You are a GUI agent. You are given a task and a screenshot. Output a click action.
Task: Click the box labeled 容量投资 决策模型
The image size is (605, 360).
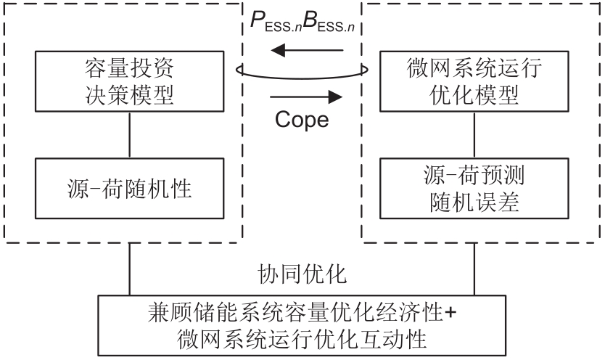(129, 82)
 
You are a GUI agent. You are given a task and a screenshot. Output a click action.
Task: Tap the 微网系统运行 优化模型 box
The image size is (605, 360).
(475, 82)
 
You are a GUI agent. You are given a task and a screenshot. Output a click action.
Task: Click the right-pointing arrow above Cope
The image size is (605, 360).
(305, 96)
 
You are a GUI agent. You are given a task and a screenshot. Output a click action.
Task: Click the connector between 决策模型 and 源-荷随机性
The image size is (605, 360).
(129, 134)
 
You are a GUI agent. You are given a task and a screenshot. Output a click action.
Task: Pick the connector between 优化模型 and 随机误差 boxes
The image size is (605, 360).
(475, 134)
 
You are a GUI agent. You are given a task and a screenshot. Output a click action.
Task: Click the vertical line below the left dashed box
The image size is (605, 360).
(129, 269)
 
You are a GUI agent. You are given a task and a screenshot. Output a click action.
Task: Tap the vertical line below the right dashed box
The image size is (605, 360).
(475, 269)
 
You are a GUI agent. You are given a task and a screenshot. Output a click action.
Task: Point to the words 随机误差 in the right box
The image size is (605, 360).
(475, 202)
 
